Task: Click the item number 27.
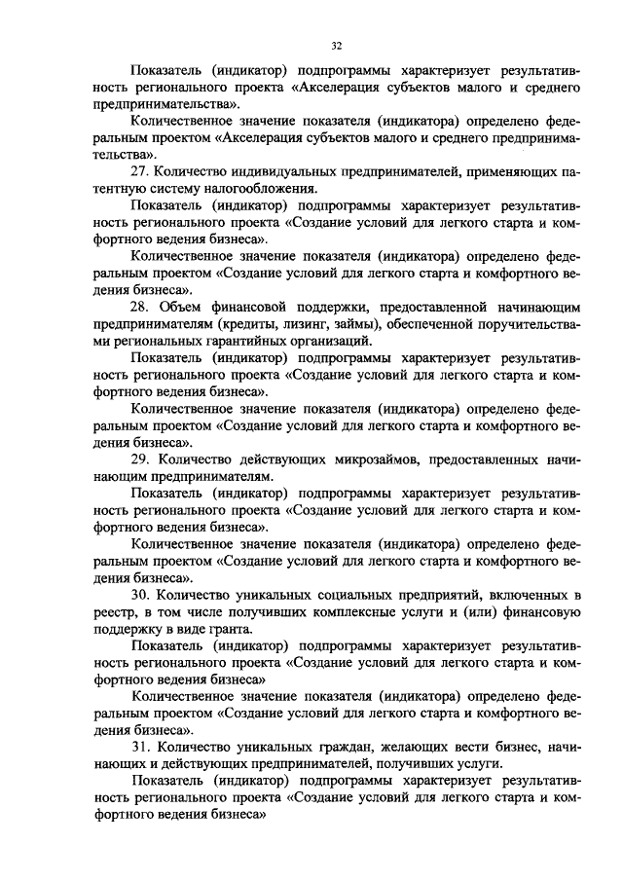click(139, 171)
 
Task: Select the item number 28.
click(139, 305)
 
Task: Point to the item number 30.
click(139, 594)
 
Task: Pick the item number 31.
click(139, 746)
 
